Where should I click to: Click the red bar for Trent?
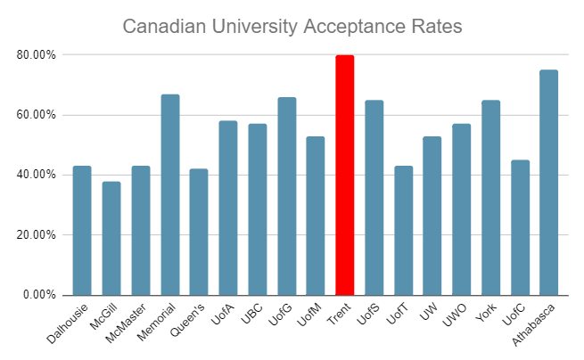coord(344,175)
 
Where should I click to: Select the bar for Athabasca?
coord(548,183)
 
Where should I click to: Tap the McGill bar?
coord(111,238)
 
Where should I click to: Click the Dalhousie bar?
coord(82,230)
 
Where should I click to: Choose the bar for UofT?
coord(403,230)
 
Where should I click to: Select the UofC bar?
coord(520,227)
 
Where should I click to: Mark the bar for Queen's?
coord(199,232)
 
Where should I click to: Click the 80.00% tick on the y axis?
coord(37,55)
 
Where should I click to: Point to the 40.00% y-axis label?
coord(37,175)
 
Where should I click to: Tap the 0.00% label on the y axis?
coord(40,295)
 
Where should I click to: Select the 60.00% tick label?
coord(37,115)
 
